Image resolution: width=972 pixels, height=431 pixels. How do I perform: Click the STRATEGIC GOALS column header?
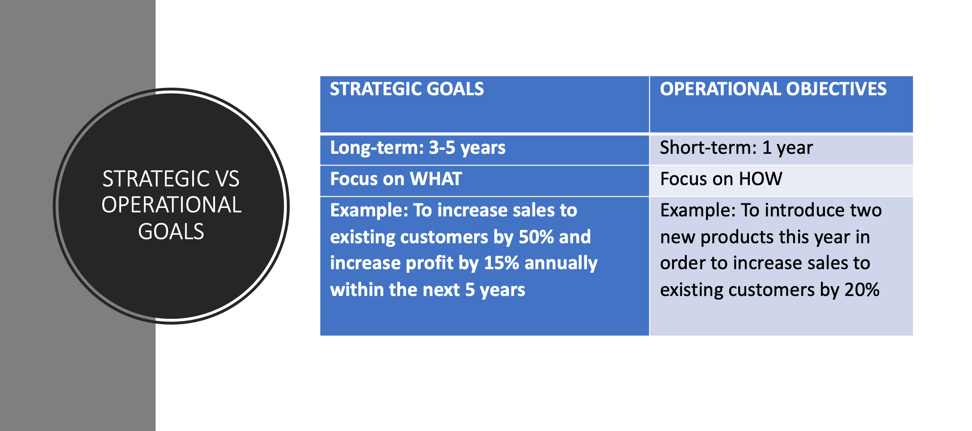coord(407,89)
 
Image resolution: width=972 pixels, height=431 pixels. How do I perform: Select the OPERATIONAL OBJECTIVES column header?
coord(773,89)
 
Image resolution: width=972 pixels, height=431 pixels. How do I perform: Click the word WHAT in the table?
coord(436,179)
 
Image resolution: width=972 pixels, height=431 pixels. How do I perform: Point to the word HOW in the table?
coord(761,179)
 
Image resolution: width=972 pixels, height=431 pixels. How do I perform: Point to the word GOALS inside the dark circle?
coord(171,232)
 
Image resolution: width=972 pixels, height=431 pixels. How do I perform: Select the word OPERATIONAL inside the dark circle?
coord(171,205)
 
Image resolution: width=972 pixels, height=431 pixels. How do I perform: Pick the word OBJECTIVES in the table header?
coord(836,89)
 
